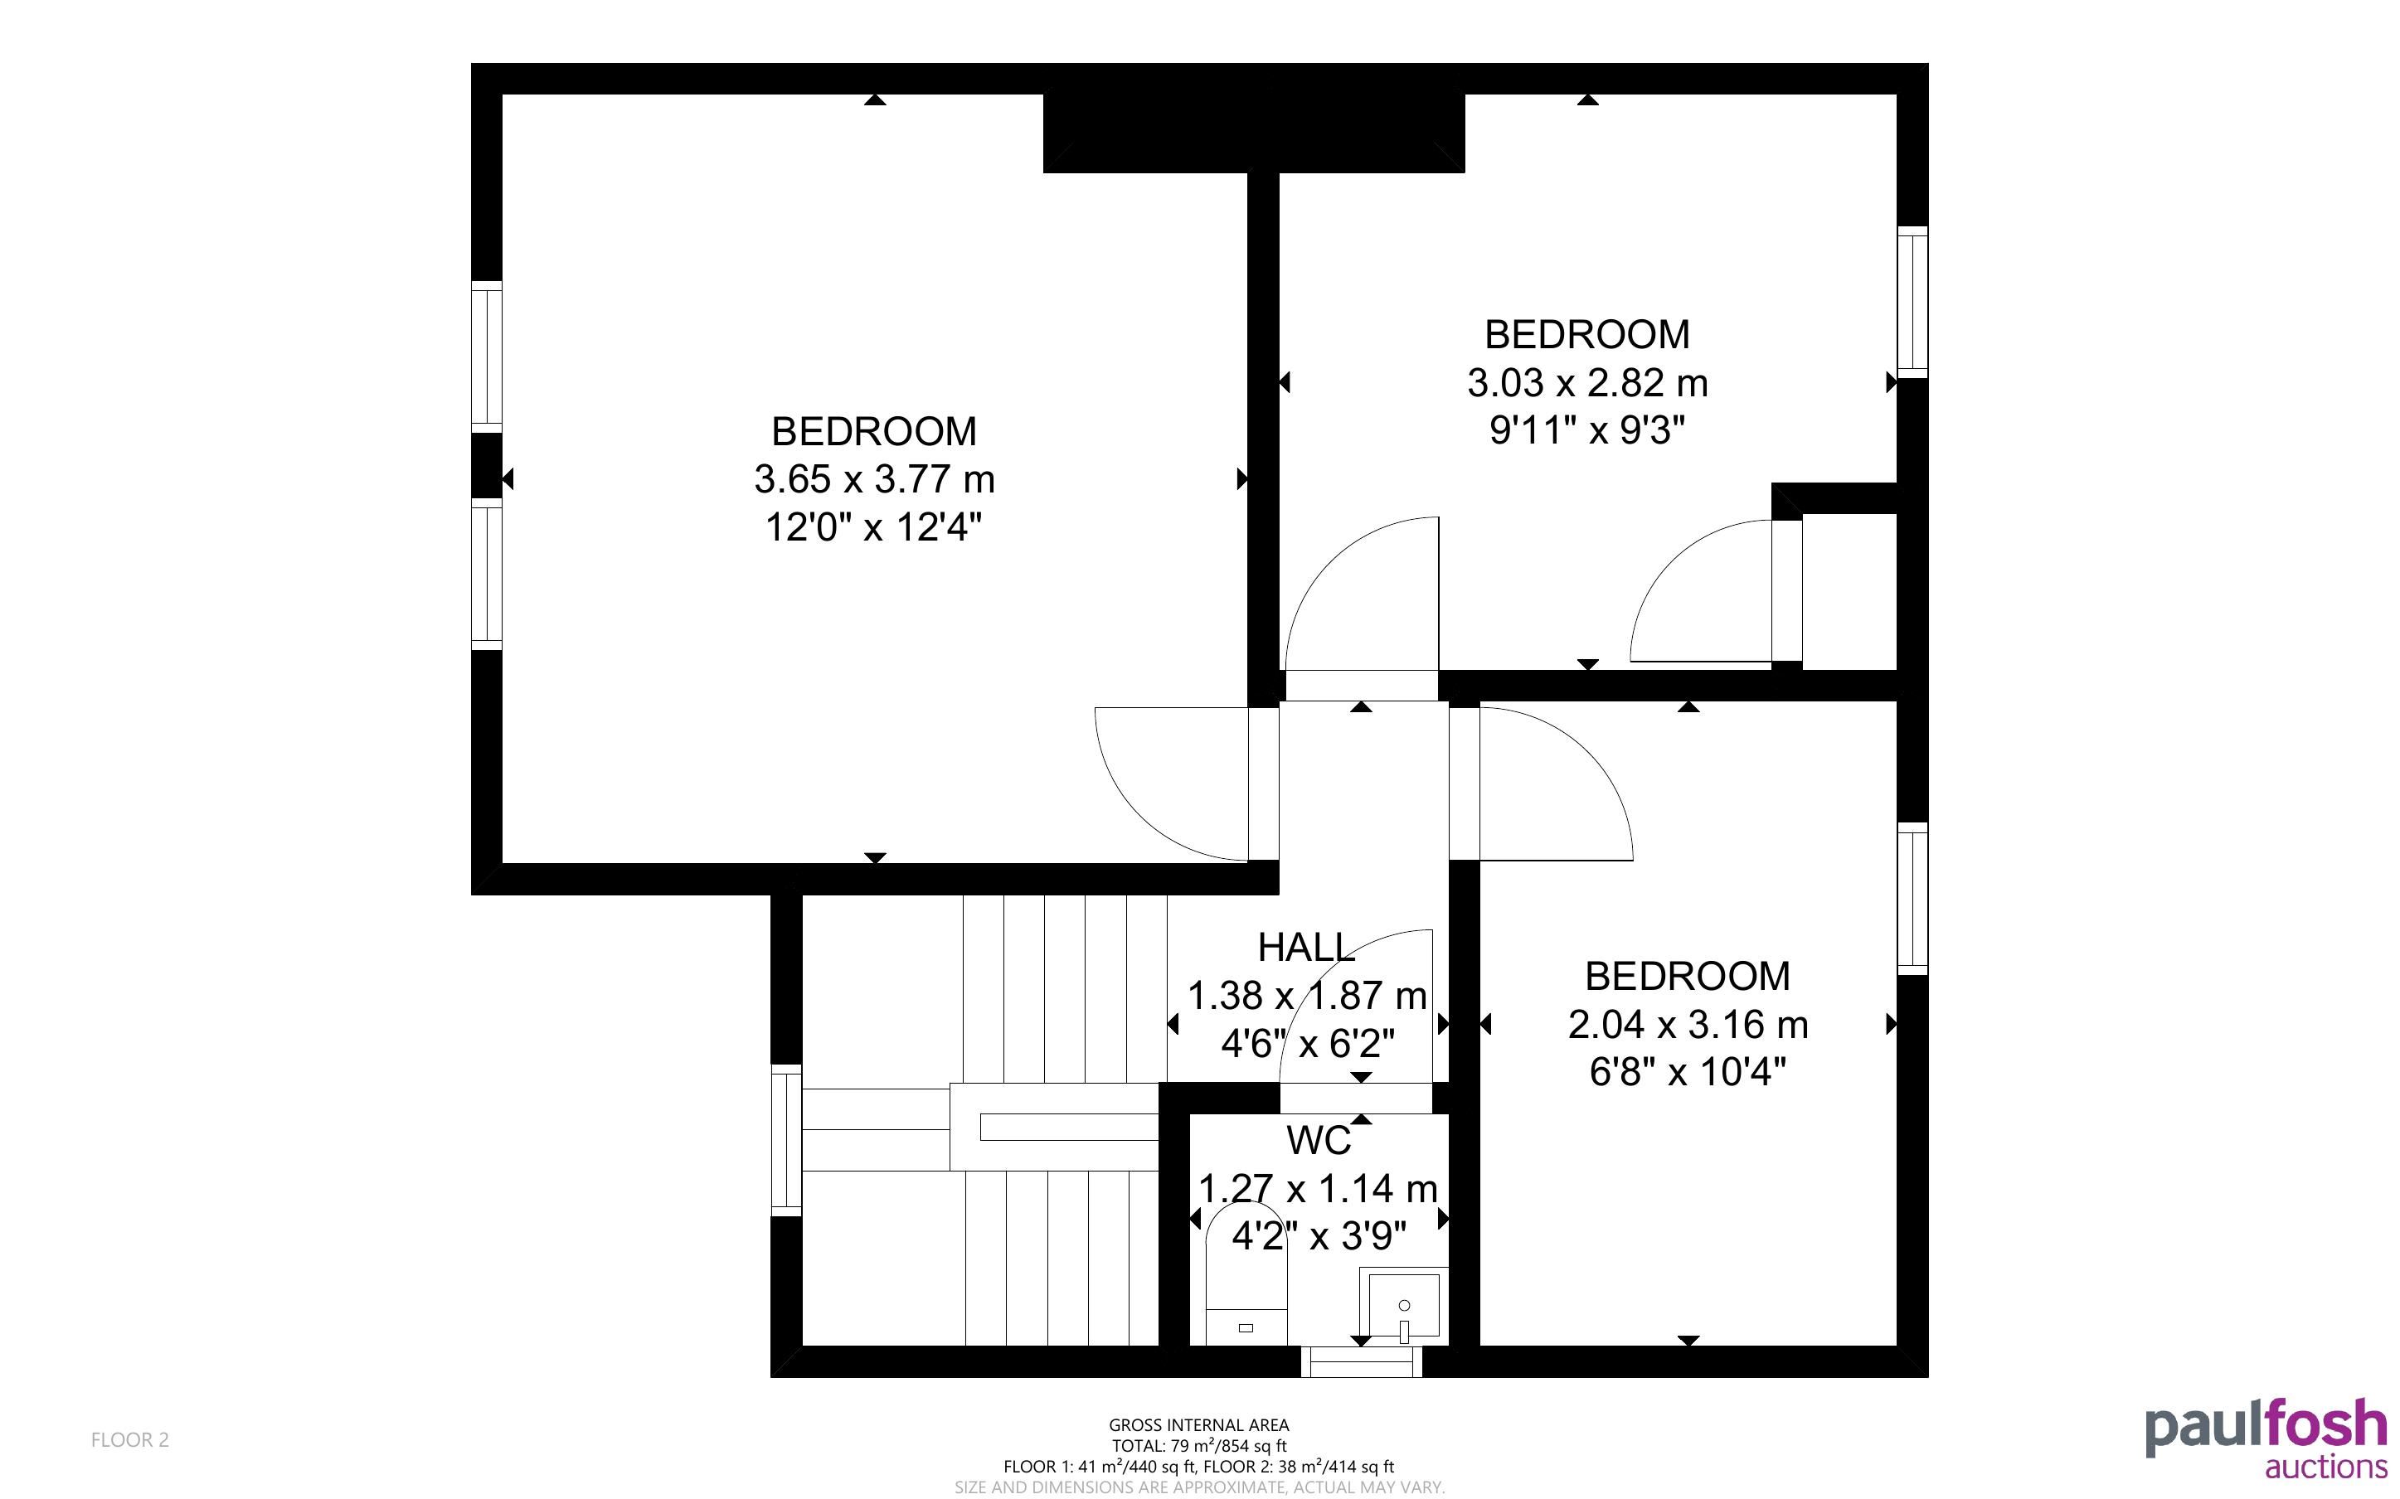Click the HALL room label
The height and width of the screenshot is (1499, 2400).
[x=1305, y=948]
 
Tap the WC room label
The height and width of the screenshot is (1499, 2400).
[x=1319, y=1141]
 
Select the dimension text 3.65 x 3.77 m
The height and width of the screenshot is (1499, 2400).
[x=874, y=480]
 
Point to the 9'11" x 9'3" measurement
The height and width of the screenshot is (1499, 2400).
[x=1587, y=431]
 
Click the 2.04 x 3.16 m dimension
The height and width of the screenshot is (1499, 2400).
[x=1688, y=1025]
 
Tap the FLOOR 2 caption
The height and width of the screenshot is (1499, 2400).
[x=130, y=1439]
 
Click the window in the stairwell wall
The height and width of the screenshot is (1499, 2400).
[x=786, y=1140]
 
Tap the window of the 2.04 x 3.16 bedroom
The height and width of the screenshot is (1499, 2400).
[x=1913, y=898]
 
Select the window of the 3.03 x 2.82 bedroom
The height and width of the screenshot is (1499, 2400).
[x=1913, y=303]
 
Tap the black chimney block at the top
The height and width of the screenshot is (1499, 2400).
[x=1254, y=133]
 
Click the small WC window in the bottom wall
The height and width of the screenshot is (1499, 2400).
[x=1361, y=1362]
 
